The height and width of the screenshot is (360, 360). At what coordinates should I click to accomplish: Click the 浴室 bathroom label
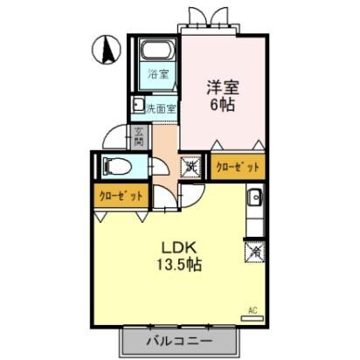click(x=157, y=73)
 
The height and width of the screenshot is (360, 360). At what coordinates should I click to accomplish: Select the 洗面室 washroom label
click(x=162, y=109)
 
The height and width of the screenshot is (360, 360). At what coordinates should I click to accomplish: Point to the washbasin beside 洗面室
click(x=138, y=107)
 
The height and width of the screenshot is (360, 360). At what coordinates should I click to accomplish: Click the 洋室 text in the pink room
click(x=223, y=89)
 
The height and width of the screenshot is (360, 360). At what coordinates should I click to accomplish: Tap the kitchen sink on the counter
click(x=254, y=197)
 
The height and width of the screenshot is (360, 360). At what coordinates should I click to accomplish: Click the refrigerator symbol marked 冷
click(x=255, y=251)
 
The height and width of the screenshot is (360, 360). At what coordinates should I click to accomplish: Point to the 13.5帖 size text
click(x=180, y=266)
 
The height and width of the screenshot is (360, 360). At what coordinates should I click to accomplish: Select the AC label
click(x=253, y=309)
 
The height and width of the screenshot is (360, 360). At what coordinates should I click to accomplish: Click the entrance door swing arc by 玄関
click(x=114, y=135)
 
